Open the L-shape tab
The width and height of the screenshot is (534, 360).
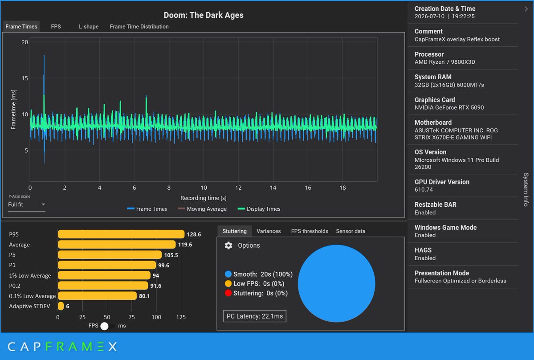89,27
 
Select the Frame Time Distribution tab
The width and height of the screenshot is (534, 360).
139,27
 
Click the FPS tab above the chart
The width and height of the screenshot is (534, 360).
56,27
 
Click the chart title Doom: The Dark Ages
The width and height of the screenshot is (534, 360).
204,15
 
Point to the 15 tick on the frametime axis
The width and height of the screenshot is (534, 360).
25,78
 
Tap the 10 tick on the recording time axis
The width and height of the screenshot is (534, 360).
204,188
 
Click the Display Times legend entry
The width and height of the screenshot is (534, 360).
259,209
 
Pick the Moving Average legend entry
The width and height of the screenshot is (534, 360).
202,209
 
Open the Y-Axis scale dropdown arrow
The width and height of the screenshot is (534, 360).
43,205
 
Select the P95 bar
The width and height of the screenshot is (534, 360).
121,234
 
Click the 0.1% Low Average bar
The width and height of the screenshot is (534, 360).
97,296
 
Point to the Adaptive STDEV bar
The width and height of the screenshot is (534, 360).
61,306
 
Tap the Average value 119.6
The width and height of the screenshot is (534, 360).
185,245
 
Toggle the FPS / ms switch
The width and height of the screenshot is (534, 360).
107,326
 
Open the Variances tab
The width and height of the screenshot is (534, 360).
269,231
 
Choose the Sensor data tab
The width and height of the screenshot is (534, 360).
351,231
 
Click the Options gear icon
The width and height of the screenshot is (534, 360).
228,245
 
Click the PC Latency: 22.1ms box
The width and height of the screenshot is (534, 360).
255,316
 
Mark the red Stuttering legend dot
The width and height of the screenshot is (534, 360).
228,293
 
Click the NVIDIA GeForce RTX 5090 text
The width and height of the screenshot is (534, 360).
449,108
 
